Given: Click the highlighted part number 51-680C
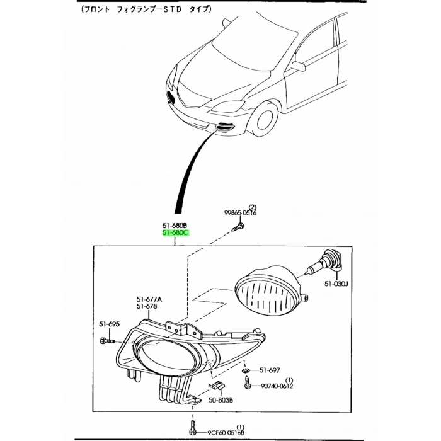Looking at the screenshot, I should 175,233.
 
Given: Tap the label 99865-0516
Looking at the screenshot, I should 240,213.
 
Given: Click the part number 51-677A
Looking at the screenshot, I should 149,299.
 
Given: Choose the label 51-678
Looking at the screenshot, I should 147,307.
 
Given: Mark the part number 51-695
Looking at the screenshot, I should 108,324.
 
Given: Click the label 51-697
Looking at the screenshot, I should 270,370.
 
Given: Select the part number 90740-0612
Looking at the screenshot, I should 277,386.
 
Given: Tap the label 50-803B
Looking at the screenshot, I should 221,399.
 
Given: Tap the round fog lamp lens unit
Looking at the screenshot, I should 268,292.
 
